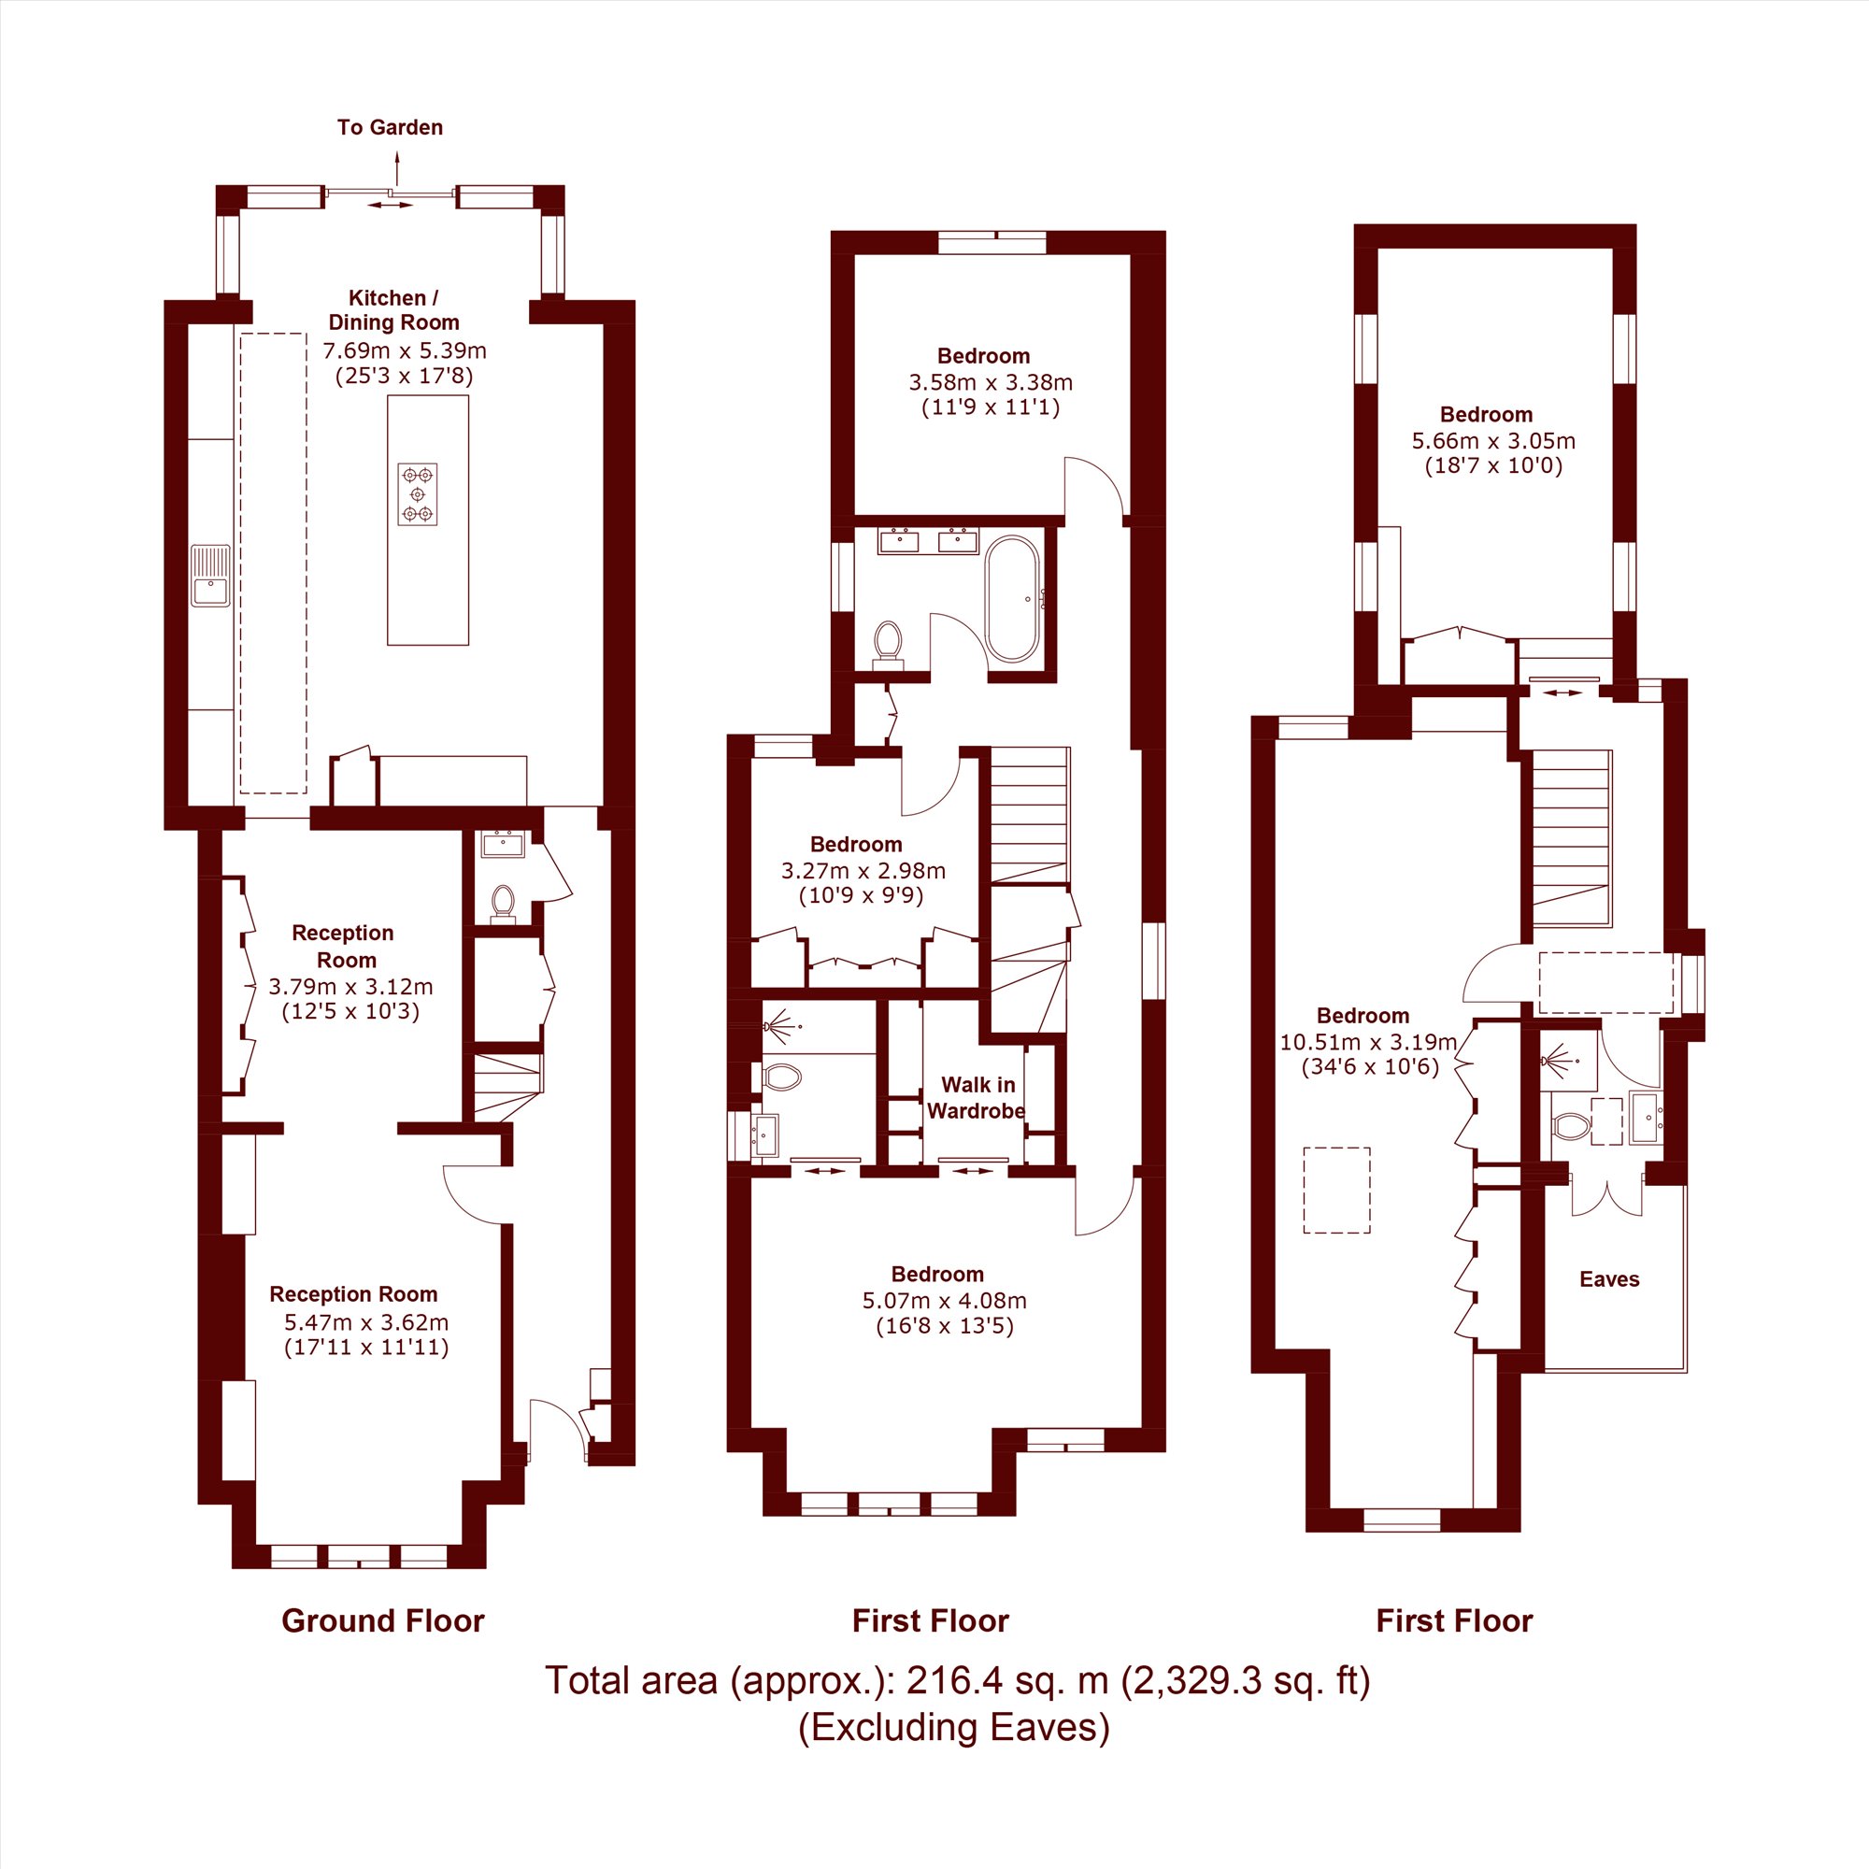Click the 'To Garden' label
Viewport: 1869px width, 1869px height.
click(390, 128)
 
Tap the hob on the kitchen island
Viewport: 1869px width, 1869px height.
click(417, 494)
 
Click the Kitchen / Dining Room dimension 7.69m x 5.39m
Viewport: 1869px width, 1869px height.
click(405, 350)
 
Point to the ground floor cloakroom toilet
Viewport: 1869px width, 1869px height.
click(502, 904)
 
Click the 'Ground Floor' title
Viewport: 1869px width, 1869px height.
click(382, 1620)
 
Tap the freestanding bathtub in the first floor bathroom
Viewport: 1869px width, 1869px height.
click(1012, 599)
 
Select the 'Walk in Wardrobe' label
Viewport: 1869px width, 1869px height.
click(977, 1098)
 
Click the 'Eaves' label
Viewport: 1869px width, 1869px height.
click(1610, 1279)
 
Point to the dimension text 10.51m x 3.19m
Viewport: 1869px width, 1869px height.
click(1368, 1042)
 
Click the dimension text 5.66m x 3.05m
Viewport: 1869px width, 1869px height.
click(1493, 441)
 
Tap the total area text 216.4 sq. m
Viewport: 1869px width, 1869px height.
click(1007, 1680)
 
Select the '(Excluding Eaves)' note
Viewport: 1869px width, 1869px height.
click(954, 1727)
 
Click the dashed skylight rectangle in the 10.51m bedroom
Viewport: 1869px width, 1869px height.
click(1337, 1190)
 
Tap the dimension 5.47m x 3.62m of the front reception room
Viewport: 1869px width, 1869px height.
click(366, 1322)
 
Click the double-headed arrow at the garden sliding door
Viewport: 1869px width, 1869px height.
click(390, 205)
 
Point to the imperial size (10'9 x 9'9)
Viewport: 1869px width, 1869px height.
click(861, 895)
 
